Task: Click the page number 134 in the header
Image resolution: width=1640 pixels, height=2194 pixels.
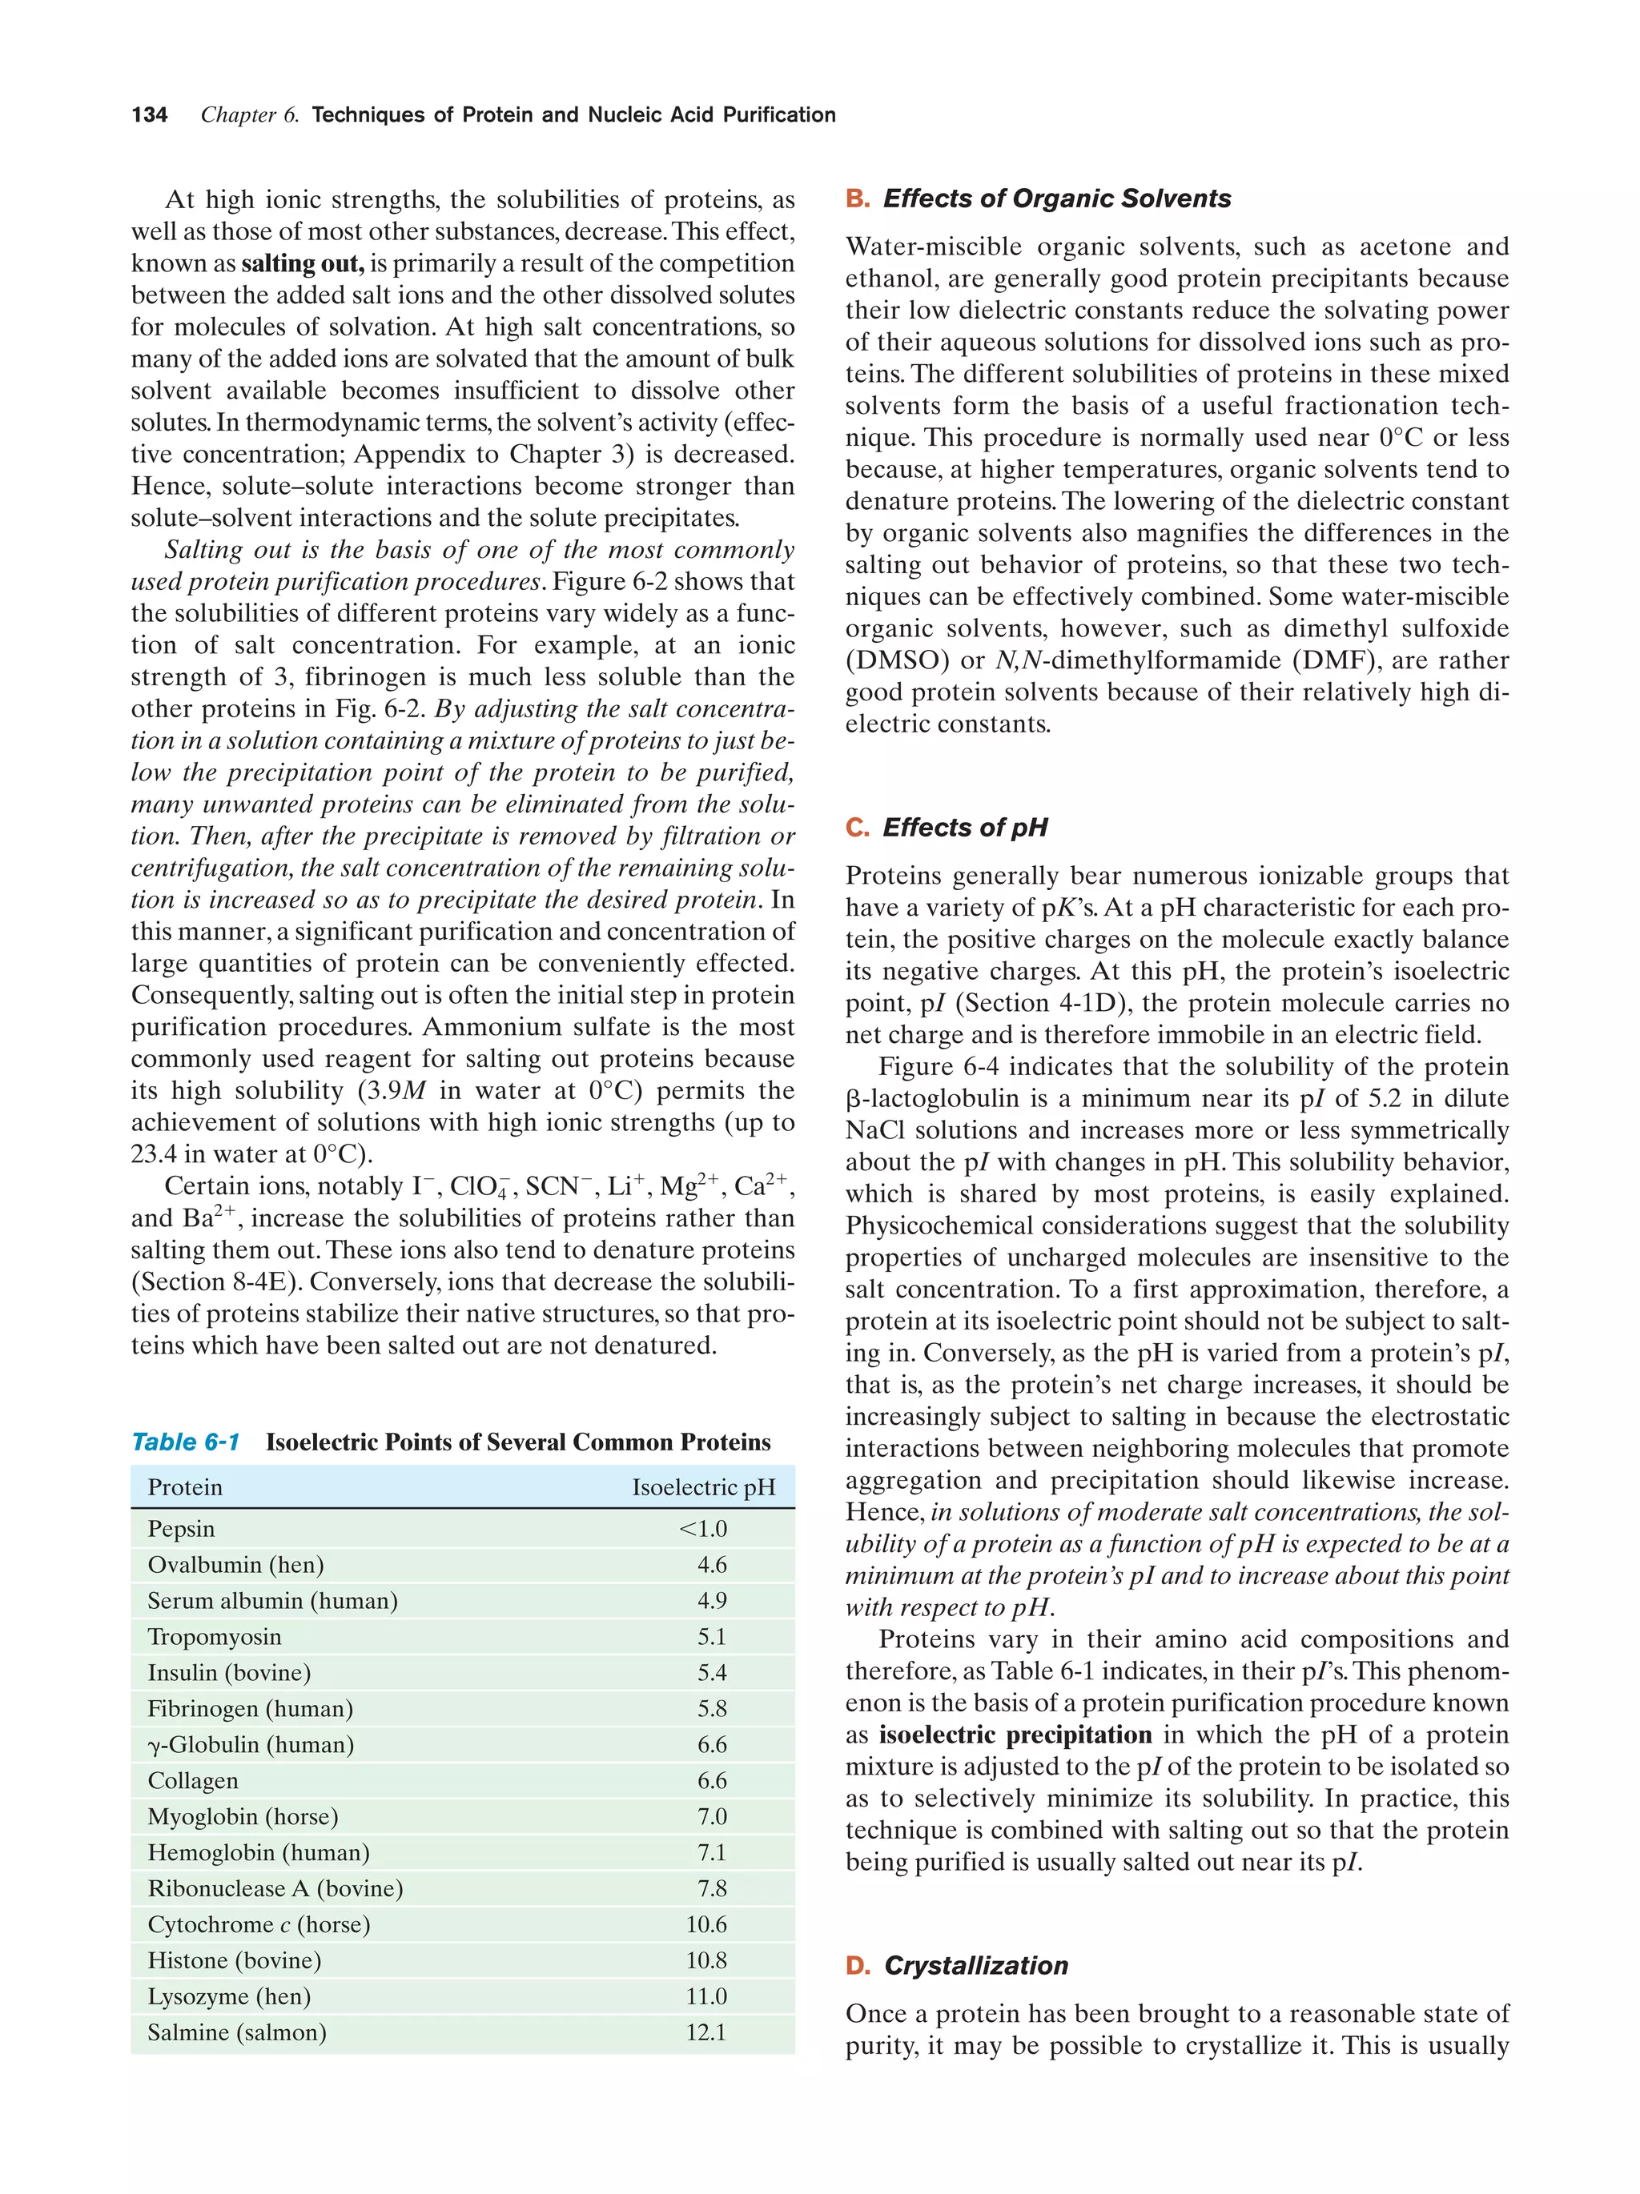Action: click(149, 115)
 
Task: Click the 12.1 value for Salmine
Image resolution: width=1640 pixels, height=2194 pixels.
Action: click(705, 2032)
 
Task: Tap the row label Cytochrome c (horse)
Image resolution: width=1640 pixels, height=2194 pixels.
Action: click(258, 1924)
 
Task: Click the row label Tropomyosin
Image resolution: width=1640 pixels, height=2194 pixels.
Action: click(215, 1637)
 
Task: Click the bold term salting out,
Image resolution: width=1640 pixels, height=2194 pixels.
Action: click(303, 264)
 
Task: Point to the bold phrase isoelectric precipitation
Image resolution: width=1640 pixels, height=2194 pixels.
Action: click(1015, 1735)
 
